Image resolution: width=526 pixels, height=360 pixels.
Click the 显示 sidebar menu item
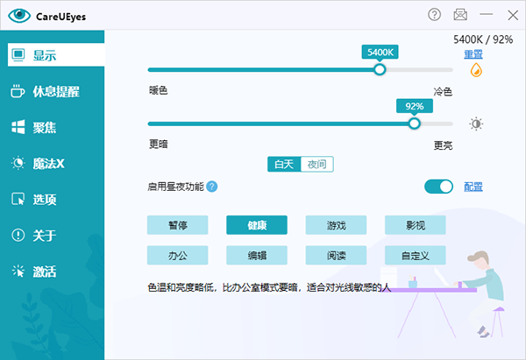pos(56,54)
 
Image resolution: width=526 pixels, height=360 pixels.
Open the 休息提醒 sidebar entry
pos(46,91)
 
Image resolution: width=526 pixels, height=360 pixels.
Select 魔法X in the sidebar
pos(38,163)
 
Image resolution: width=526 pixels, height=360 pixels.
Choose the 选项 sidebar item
pos(34,199)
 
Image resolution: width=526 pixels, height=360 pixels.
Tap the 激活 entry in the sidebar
pos(34,272)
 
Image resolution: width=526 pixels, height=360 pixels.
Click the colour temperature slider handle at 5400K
pos(380,70)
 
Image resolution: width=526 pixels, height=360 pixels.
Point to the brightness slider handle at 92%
pos(415,124)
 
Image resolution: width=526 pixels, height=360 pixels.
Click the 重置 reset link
pos(473,54)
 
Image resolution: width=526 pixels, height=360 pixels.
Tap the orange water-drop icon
pos(476,70)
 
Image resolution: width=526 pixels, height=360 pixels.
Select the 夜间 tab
pos(317,165)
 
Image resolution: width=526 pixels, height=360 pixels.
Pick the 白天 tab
pos(284,165)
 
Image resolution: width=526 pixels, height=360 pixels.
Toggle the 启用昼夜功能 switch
pos(438,187)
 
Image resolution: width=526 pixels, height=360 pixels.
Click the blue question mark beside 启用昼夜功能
pos(211,187)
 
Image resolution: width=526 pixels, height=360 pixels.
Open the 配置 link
pos(473,187)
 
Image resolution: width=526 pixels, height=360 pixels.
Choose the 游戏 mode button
pos(336,225)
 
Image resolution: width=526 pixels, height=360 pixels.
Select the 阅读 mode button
pos(336,256)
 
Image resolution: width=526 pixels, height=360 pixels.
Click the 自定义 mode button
pos(416,256)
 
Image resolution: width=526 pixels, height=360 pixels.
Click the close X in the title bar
pos(513,15)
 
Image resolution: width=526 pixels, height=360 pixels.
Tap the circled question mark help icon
pos(435,14)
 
